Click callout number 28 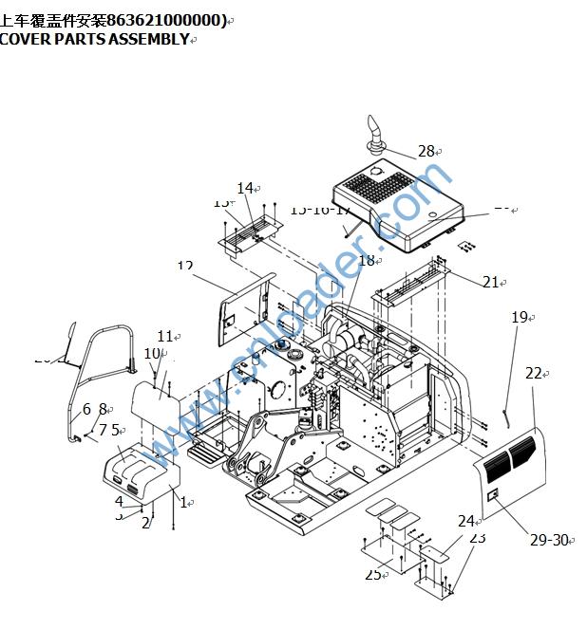tap(425, 151)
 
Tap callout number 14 tap(245, 188)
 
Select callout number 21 tap(490, 282)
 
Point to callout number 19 tap(519, 317)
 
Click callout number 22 tap(534, 374)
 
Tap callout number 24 tap(465, 521)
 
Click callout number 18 tap(366, 260)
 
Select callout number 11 tap(165, 336)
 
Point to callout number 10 tap(151, 353)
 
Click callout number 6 tap(86, 409)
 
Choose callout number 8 tap(104, 409)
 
